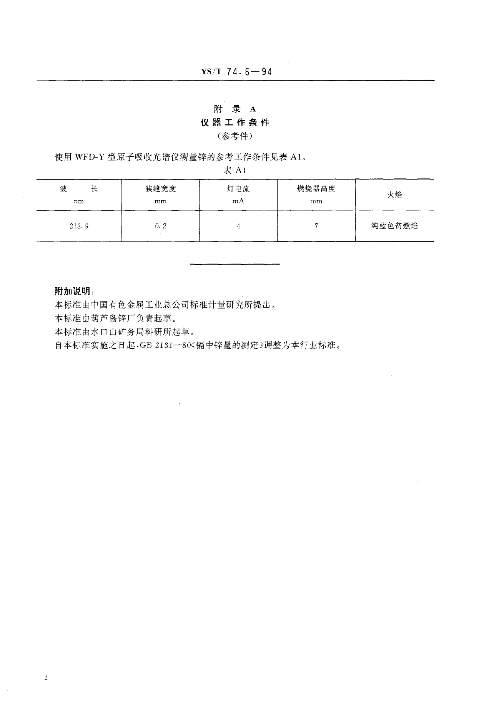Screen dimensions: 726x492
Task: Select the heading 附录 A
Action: pyautogui.click(x=235, y=109)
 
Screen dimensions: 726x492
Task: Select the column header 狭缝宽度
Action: pyautogui.click(x=160, y=189)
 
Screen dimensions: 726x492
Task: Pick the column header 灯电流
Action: pyautogui.click(x=238, y=189)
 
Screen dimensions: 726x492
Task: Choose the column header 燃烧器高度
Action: pyautogui.click(x=316, y=189)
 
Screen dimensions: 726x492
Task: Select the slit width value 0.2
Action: pyautogui.click(x=160, y=226)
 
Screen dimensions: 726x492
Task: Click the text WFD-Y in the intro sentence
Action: pyautogui.click(x=89, y=157)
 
